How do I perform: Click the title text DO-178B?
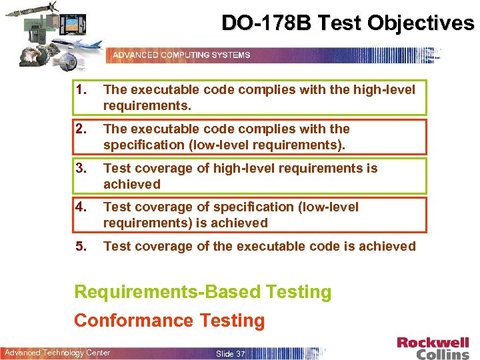pyautogui.click(x=266, y=23)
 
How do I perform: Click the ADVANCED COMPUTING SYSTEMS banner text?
pyautogui.click(x=181, y=55)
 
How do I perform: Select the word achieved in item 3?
pyautogui.click(x=132, y=184)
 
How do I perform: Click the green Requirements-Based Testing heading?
pyautogui.click(x=203, y=292)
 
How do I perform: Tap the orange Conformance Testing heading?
pyautogui.click(x=169, y=321)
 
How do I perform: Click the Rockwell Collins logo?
pyautogui.click(x=433, y=348)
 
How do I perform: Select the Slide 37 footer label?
pyautogui.click(x=231, y=353)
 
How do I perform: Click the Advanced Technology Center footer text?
pyautogui.click(x=57, y=353)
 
